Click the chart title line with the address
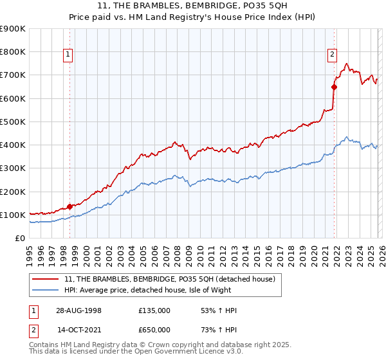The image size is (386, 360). (193, 6)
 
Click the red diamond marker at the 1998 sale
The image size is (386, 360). (69, 207)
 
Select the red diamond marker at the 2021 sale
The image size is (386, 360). (334, 87)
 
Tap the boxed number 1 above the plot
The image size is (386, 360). (68, 55)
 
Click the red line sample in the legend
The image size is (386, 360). (46, 279)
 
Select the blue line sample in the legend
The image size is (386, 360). (46, 290)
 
